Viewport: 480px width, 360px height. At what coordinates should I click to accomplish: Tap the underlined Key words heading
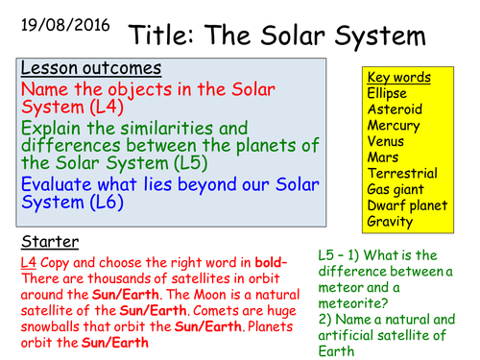(x=398, y=78)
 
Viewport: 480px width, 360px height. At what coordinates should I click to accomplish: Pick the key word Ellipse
(x=388, y=93)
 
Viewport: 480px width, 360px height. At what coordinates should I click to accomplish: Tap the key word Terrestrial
(x=402, y=174)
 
